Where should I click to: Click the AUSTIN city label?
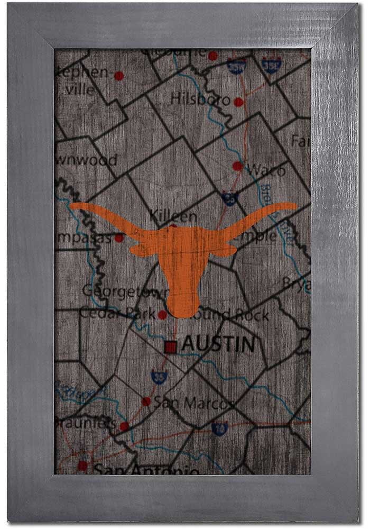(x=218, y=345)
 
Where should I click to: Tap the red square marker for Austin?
(x=170, y=347)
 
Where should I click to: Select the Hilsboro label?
(x=201, y=99)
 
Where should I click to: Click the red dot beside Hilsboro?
(x=238, y=102)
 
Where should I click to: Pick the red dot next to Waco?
(x=238, y=166)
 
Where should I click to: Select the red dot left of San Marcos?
(x=146, y=402)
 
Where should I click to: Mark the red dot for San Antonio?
(x=82, y=466)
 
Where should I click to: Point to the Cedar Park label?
(x=117, y=313)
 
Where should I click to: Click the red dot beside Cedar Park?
(x=162, y=314)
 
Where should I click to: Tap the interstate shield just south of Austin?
(x=158, y=377)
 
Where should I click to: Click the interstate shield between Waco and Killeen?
(x=229, y=198)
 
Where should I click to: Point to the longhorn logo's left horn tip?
(x=73, y=205)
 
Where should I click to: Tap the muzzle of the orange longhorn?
(x=182, y=309)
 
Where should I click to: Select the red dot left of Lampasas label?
(x=119, y=238)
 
